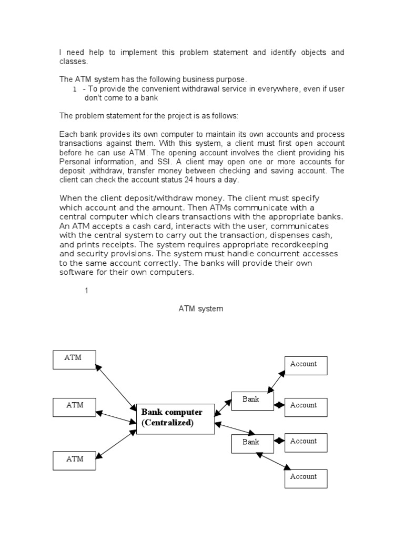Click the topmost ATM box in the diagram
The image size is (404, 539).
click(74, 359)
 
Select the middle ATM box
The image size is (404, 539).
click(74, 407)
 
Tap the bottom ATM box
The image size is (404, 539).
click(74, 460)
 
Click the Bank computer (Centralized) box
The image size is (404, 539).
click(176, 418)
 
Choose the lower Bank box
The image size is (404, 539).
click(252, 443)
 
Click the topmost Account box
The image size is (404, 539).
click(306, 365)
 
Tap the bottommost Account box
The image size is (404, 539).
click(306, 478)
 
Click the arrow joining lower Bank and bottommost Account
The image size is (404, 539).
click(273, 460)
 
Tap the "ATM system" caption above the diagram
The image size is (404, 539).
click(201, 309)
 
